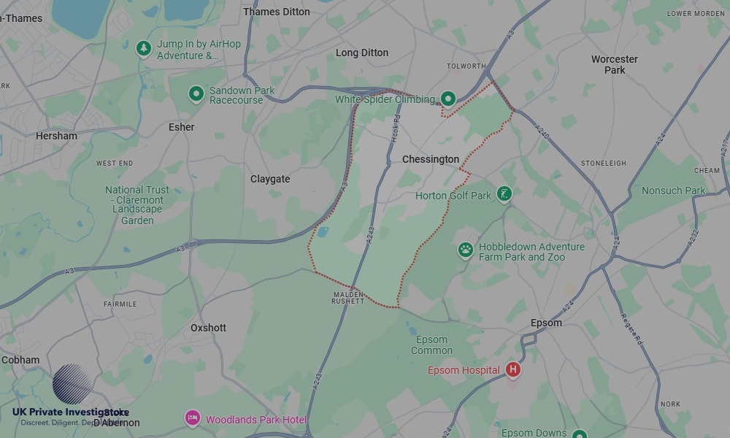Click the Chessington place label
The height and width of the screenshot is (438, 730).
pos(431,159)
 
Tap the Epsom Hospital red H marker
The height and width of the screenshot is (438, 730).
pos(513,370)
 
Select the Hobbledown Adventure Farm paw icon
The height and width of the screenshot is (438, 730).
pos(466,250)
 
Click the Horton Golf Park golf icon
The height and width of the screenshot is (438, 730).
pos(503,194)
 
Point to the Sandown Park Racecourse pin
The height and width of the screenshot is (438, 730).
pos(196,93)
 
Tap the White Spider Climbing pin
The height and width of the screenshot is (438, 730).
pos(447,99)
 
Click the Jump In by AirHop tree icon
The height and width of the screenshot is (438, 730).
pos(144,48)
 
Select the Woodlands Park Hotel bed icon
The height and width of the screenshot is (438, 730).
pos(192,418)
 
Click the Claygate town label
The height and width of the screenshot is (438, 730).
pos(270,179)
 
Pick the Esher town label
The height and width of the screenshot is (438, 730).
pos(182,127)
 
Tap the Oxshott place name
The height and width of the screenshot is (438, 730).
pos(208,328)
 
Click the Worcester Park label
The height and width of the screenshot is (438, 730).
pos(614,64)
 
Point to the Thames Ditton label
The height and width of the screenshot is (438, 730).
pos(276,12)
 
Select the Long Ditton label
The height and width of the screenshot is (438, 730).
pos(362,53)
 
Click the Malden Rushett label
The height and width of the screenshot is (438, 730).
pos(347,297)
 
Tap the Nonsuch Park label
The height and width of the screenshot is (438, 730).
pos(673,191)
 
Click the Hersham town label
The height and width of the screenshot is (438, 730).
pos(56,136)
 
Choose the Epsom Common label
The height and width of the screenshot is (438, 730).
pos(431,345)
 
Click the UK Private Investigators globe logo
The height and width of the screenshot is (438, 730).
pos(71,384)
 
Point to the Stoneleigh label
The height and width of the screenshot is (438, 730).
pos(603,164)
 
